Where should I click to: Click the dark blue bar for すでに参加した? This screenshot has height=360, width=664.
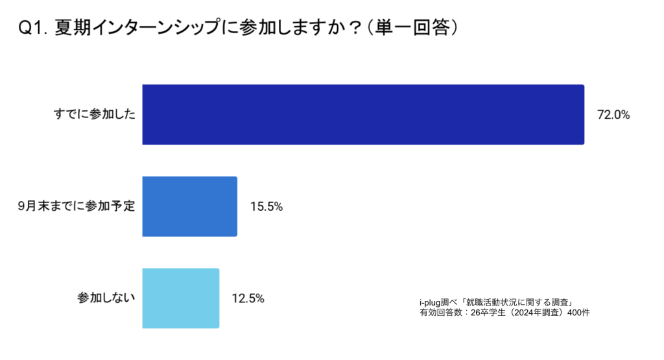click(x=363, y=115)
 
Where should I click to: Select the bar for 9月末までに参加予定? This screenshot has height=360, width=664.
click(x=189, y=206)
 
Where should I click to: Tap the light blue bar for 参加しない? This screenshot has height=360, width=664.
click(x=180, y=298)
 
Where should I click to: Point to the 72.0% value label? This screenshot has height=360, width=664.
click(x=613, y=115)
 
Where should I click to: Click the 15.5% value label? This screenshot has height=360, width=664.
click(x=267, y=207)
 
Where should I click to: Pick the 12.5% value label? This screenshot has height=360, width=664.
click(x=248, y=298)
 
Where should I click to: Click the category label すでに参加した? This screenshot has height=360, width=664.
click(x=94, y=115)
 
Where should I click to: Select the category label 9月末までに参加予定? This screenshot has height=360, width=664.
click(x=77, y=207)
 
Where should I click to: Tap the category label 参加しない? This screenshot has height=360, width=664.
click(x=106, y=298)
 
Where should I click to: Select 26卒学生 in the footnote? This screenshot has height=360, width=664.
click(x=487, y=312)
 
